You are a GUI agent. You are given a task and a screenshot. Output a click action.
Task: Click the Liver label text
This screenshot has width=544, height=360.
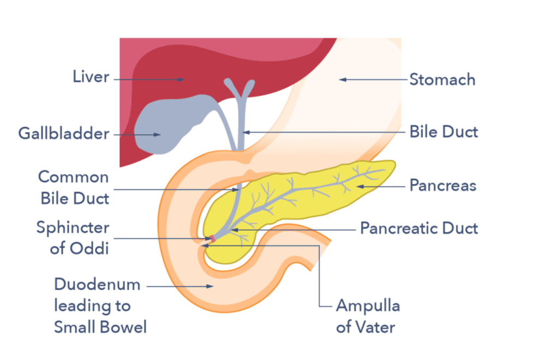90,77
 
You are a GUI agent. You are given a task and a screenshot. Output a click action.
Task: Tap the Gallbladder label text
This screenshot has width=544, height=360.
64,133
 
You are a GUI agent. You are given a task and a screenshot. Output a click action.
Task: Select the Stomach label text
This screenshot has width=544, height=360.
442,80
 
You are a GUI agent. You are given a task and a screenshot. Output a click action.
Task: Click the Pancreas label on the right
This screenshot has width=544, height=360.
443,185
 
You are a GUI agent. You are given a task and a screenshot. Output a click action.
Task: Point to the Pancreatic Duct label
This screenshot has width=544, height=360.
419,227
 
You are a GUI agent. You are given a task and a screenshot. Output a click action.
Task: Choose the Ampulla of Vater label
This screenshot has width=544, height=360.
367,316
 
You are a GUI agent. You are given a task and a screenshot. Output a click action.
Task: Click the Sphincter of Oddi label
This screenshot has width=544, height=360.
72,237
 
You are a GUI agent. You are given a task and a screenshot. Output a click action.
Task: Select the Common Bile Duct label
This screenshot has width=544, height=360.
74,187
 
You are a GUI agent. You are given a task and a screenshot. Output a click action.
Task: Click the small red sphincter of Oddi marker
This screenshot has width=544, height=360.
213,239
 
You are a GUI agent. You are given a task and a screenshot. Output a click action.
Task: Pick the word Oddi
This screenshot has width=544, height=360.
90,248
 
